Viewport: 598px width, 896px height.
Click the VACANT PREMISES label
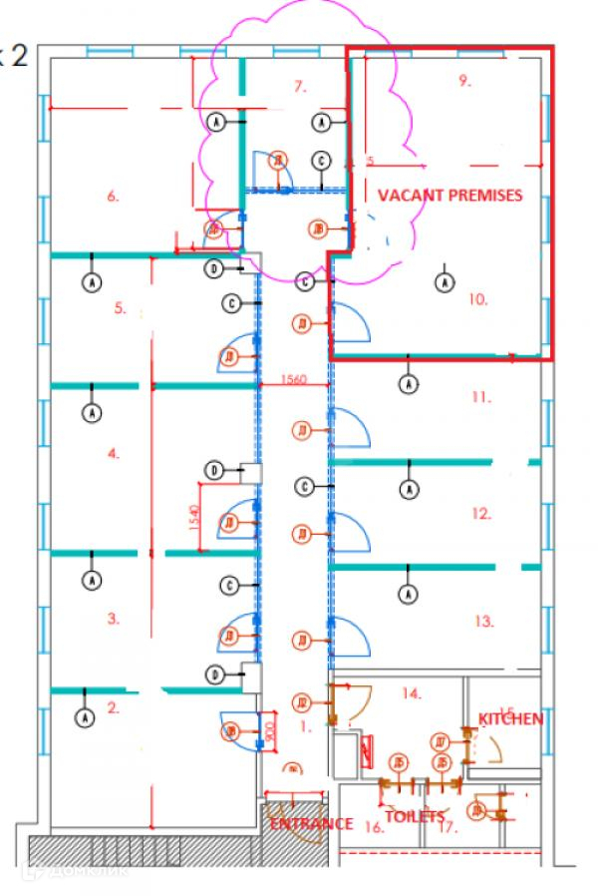click(x=448, y=196)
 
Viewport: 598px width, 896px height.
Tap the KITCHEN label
click(x=510, y=718)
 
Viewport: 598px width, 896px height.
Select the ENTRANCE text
click(x=310, y=823)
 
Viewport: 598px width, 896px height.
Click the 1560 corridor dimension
click(x=292, y=379)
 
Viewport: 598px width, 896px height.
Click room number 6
click(x=113, y=197)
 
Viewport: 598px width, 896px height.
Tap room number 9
click(x=464, y=81)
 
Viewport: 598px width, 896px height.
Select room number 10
click(x=478, y=298)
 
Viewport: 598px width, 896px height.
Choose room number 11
click(x=481, y=396)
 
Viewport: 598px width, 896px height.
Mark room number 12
click(x=482, y=514)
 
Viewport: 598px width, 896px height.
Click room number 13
click(x=484, y=621)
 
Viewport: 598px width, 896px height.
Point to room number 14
click(x=412, y=691)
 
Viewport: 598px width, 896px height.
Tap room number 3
click(x=114, y=619)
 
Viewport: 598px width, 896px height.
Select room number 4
click(x=114, y=453)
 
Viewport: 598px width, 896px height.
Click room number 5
click(x=120, y=308)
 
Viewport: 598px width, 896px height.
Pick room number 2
click(x=114, y=708)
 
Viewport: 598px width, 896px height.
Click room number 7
click(x=299, y=87)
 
